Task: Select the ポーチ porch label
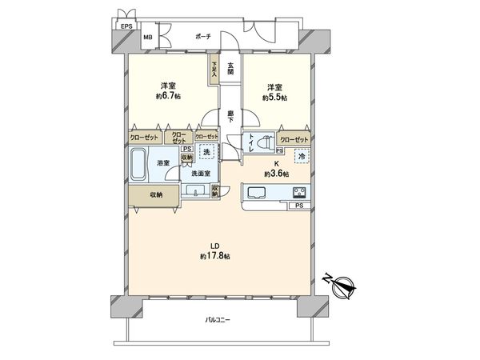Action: pyautogui.click(x=202, y=37)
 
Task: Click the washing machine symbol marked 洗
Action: pyautogui.click(x=206, y=152)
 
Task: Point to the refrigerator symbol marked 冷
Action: pyautogui.click(x=302, y=156)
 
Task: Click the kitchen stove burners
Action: pyautogui.click(x=300, y=193)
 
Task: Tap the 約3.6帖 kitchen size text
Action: pyautogui.click(x=276, y=172)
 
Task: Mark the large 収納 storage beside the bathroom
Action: pyautogui.click(x=155, y=194)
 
